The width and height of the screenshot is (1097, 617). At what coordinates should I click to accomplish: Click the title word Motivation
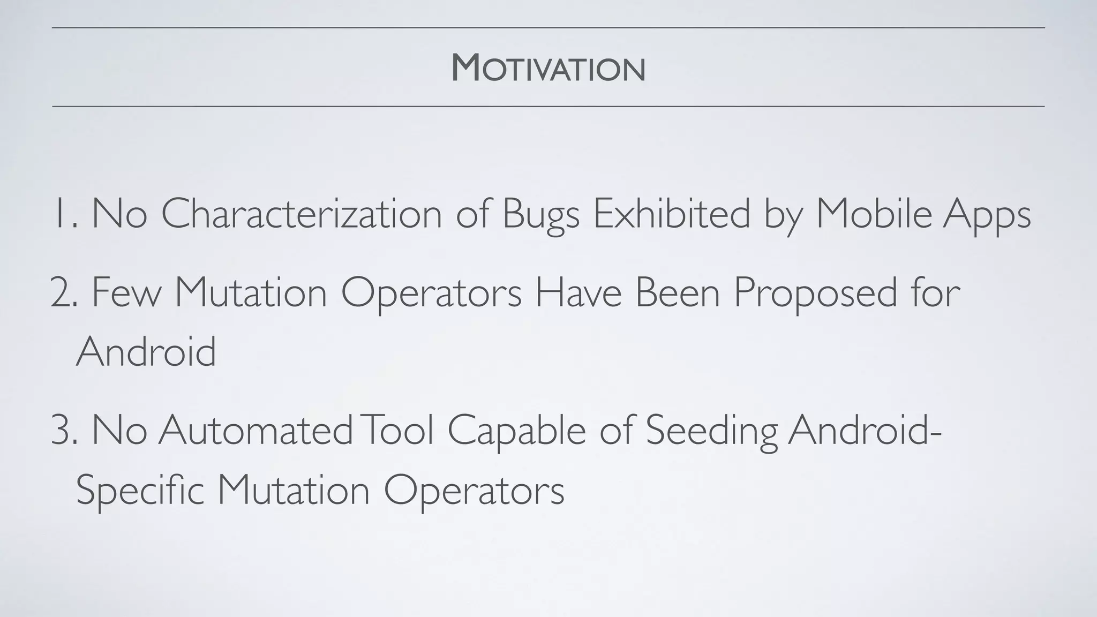[x=548, y=69]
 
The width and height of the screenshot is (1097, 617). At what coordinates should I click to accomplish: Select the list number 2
[x=63, y=293]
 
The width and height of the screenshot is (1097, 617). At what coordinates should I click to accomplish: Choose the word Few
[x=126, y=293]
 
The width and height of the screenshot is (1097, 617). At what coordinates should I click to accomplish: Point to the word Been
[x=677, y=293]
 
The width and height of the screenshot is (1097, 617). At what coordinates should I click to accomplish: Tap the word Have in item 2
[x=578, y=293]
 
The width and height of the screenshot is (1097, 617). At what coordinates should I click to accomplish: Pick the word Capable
[x=516, y=431]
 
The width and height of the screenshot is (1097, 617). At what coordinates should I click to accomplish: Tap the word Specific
[x=140, y=491]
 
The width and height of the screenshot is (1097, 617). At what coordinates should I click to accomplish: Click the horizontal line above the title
[x=548, y=27]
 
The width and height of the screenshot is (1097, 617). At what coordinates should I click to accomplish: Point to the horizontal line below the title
[x=548, y=107]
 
